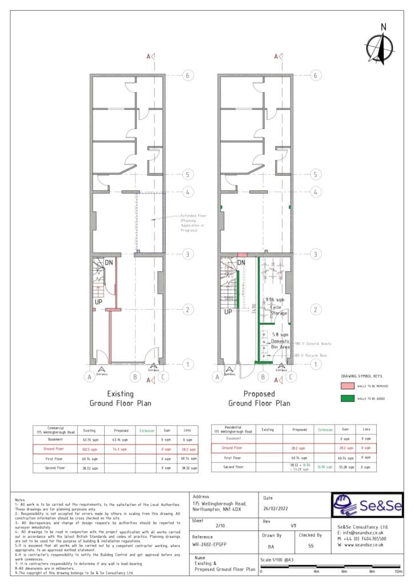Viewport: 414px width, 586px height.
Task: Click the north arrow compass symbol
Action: [x=378, y=45]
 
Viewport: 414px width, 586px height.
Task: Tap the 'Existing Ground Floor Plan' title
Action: [x=120, y=398]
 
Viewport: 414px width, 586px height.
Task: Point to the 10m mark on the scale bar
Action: [x=398, y=572]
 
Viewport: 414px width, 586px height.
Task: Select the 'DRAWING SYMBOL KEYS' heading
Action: [x=360, y=376]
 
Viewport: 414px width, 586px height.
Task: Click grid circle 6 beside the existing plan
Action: [x=186, y=75]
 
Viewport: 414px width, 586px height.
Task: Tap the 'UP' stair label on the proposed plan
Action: [x=228, y=312]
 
